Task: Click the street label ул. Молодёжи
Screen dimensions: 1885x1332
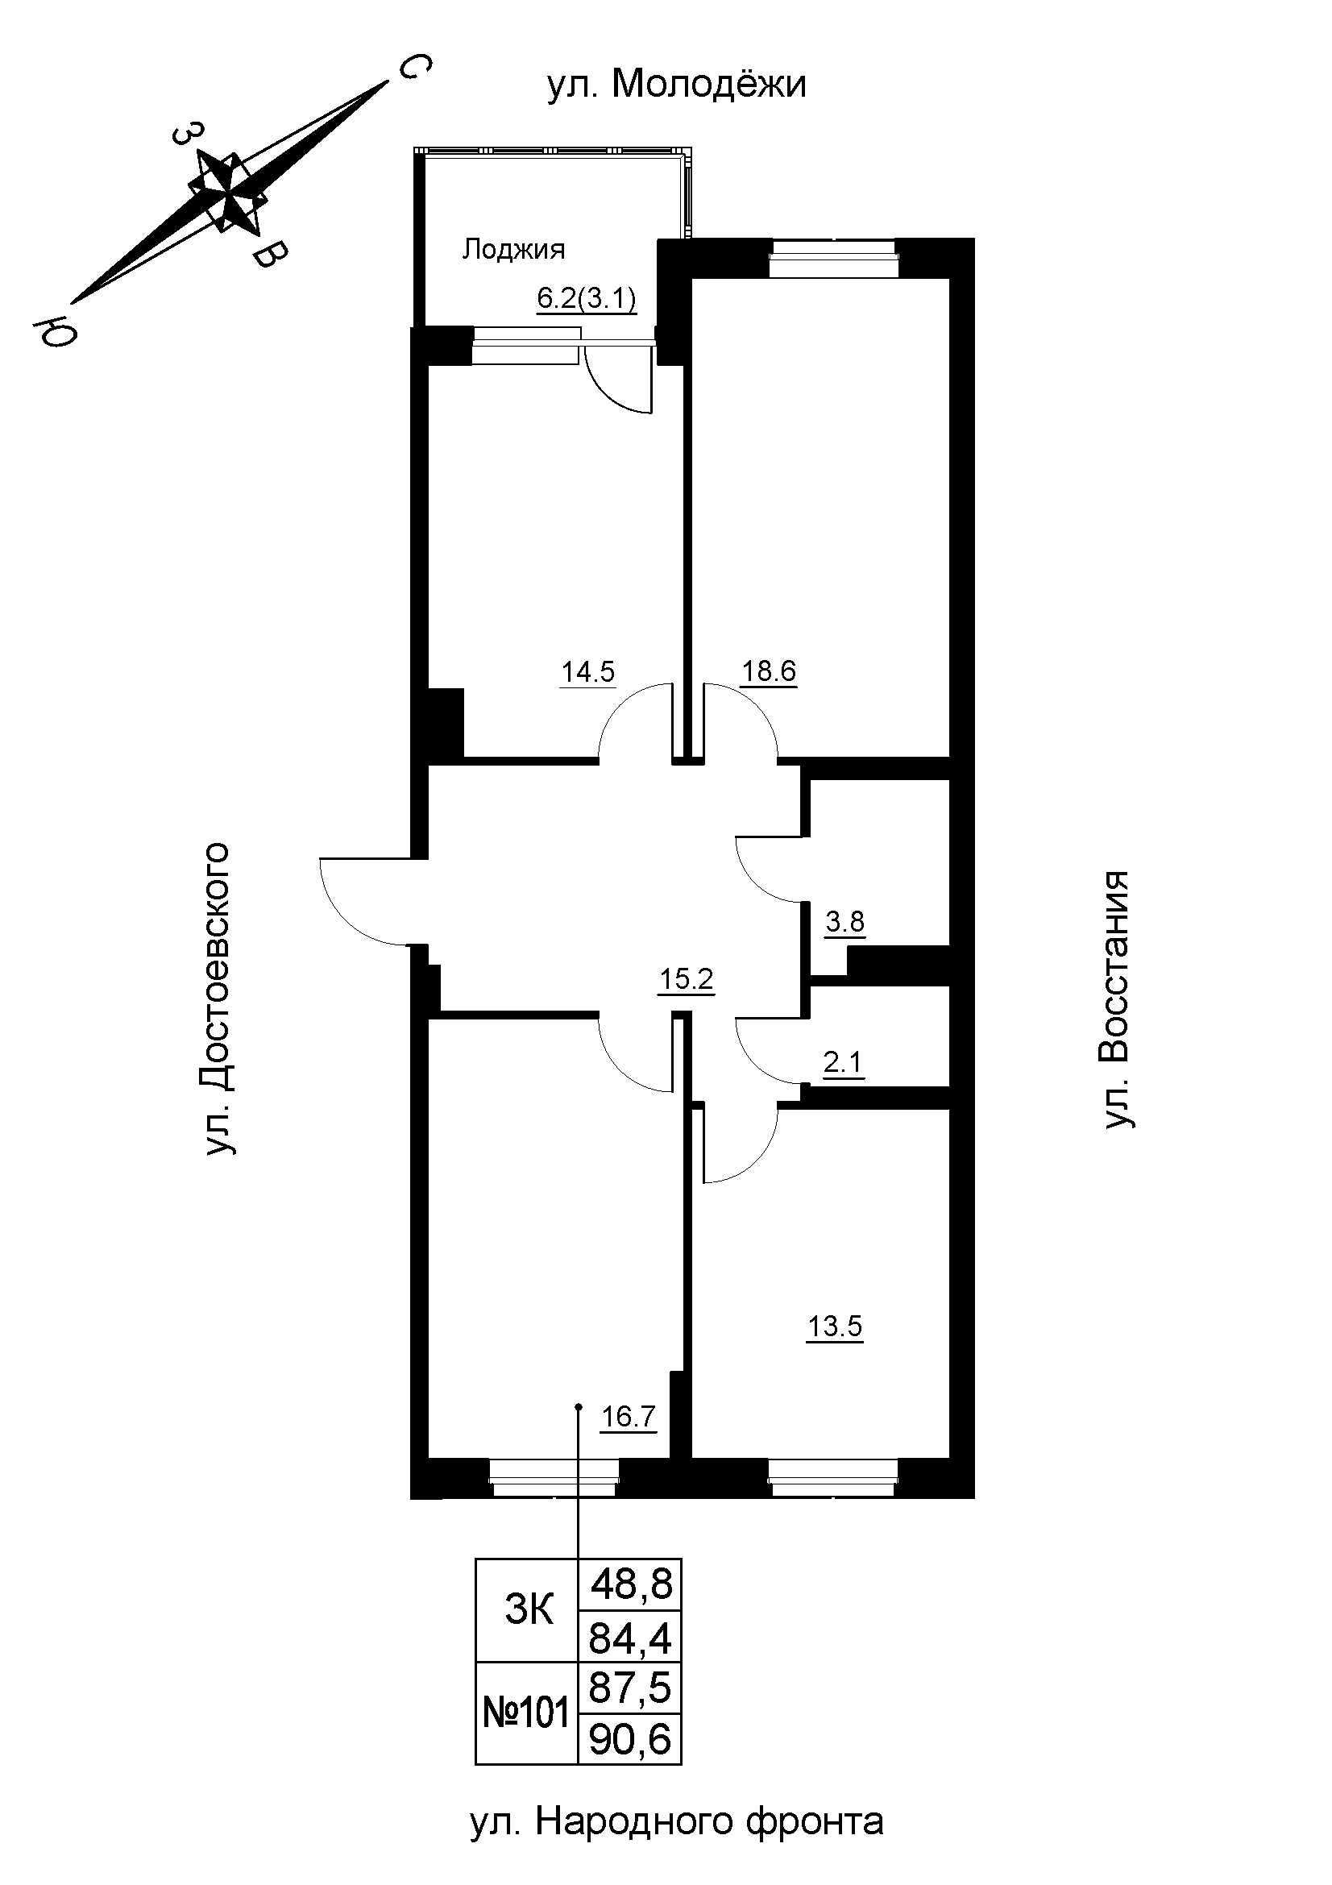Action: [677, 84]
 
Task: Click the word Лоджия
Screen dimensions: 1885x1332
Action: [514, 250]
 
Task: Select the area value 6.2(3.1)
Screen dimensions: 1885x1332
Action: [587, 300]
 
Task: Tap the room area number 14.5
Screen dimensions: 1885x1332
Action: [587, 672]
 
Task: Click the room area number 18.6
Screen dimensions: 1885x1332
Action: [769, 671]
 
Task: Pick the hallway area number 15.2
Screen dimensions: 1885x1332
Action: [687, 979]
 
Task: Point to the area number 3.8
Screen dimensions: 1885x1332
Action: [844, 922]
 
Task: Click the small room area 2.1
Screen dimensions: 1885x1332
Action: [843, 1063]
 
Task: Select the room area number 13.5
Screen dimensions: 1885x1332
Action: [836, 1326]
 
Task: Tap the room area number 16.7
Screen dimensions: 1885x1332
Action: [629, 1417]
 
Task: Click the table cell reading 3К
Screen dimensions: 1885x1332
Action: [529, 1611]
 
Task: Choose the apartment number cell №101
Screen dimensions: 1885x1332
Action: [527, 1713]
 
